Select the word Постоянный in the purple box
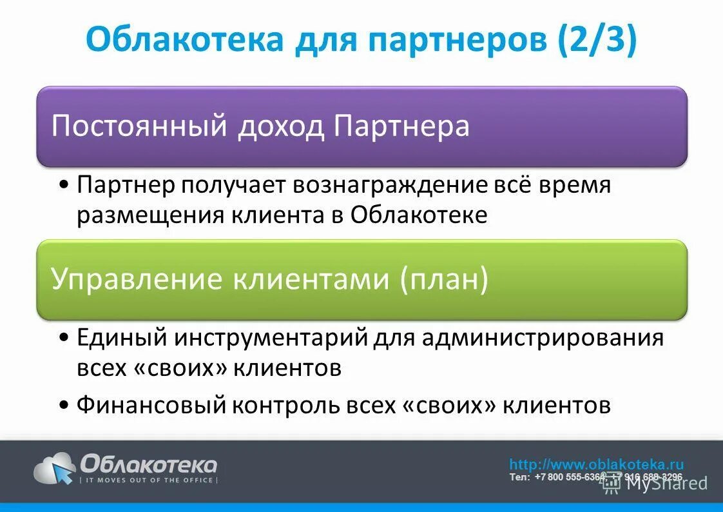coord(139,126)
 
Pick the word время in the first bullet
coord(574,186)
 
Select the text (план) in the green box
coord(444,279)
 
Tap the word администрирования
coord(543,337)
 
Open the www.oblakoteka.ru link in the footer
coord(596,464)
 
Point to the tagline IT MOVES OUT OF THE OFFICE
coord(148,480)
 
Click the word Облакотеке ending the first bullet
coord(419,215)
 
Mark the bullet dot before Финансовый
coord(64,406)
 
